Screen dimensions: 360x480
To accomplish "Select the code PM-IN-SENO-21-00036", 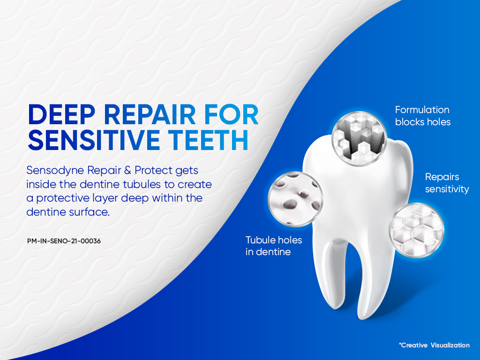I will coord(64,241).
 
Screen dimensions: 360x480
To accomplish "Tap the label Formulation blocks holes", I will coord(422,116).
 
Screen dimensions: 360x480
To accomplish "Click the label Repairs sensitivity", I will coord(447,183).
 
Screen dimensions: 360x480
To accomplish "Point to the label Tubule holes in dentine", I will coord(274,246).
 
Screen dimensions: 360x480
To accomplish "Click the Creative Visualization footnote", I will coord(434,345).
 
